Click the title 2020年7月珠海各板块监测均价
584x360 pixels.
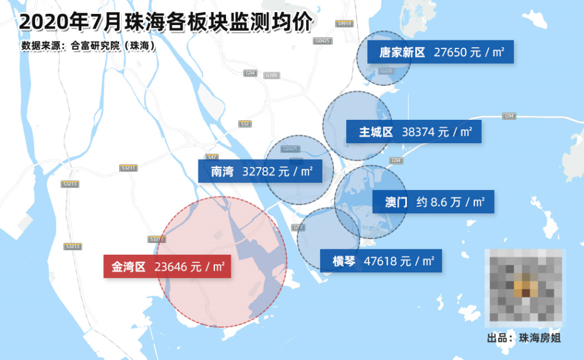166,22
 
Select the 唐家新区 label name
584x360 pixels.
402,53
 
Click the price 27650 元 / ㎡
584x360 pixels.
469,53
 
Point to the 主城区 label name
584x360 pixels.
376,132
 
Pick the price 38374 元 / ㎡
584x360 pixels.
437,132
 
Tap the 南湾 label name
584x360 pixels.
222,172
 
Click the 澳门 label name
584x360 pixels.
396,202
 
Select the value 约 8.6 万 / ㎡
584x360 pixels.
450,202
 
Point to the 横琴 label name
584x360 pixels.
344,261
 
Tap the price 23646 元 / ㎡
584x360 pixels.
190,267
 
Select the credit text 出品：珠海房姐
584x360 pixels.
524,338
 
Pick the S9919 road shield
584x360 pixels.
345,23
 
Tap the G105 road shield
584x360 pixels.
272,75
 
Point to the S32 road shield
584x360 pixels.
245,124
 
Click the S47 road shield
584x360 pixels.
212,157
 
